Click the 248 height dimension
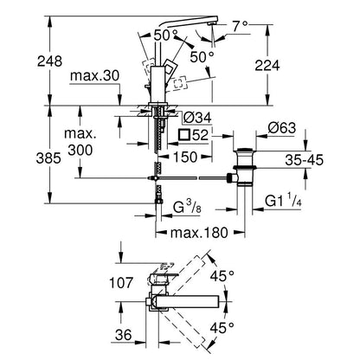[x=49, y=61]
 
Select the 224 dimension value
[x=267, y=66]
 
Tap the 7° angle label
[x=241, y=27]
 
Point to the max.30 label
[x=94, y=76]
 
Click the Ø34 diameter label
[x=197, y=118]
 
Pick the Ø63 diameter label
[x=282, y=128]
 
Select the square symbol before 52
[x=184, y=135]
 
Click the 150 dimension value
[x=185, y=157]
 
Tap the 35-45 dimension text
[x=305, y=160]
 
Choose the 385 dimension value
[x=48, y=158]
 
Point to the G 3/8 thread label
[x=187, y=207]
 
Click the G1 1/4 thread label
[x=283, y=201]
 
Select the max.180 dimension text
[x=199, y=233]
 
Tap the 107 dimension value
[x=121, y=283]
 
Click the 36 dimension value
[x=123, y=335]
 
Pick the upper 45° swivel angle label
[x=222, y=276]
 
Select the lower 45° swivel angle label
[x=222, y=328]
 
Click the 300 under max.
[x=80, y=150]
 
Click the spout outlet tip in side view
[x=214, y=23]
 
